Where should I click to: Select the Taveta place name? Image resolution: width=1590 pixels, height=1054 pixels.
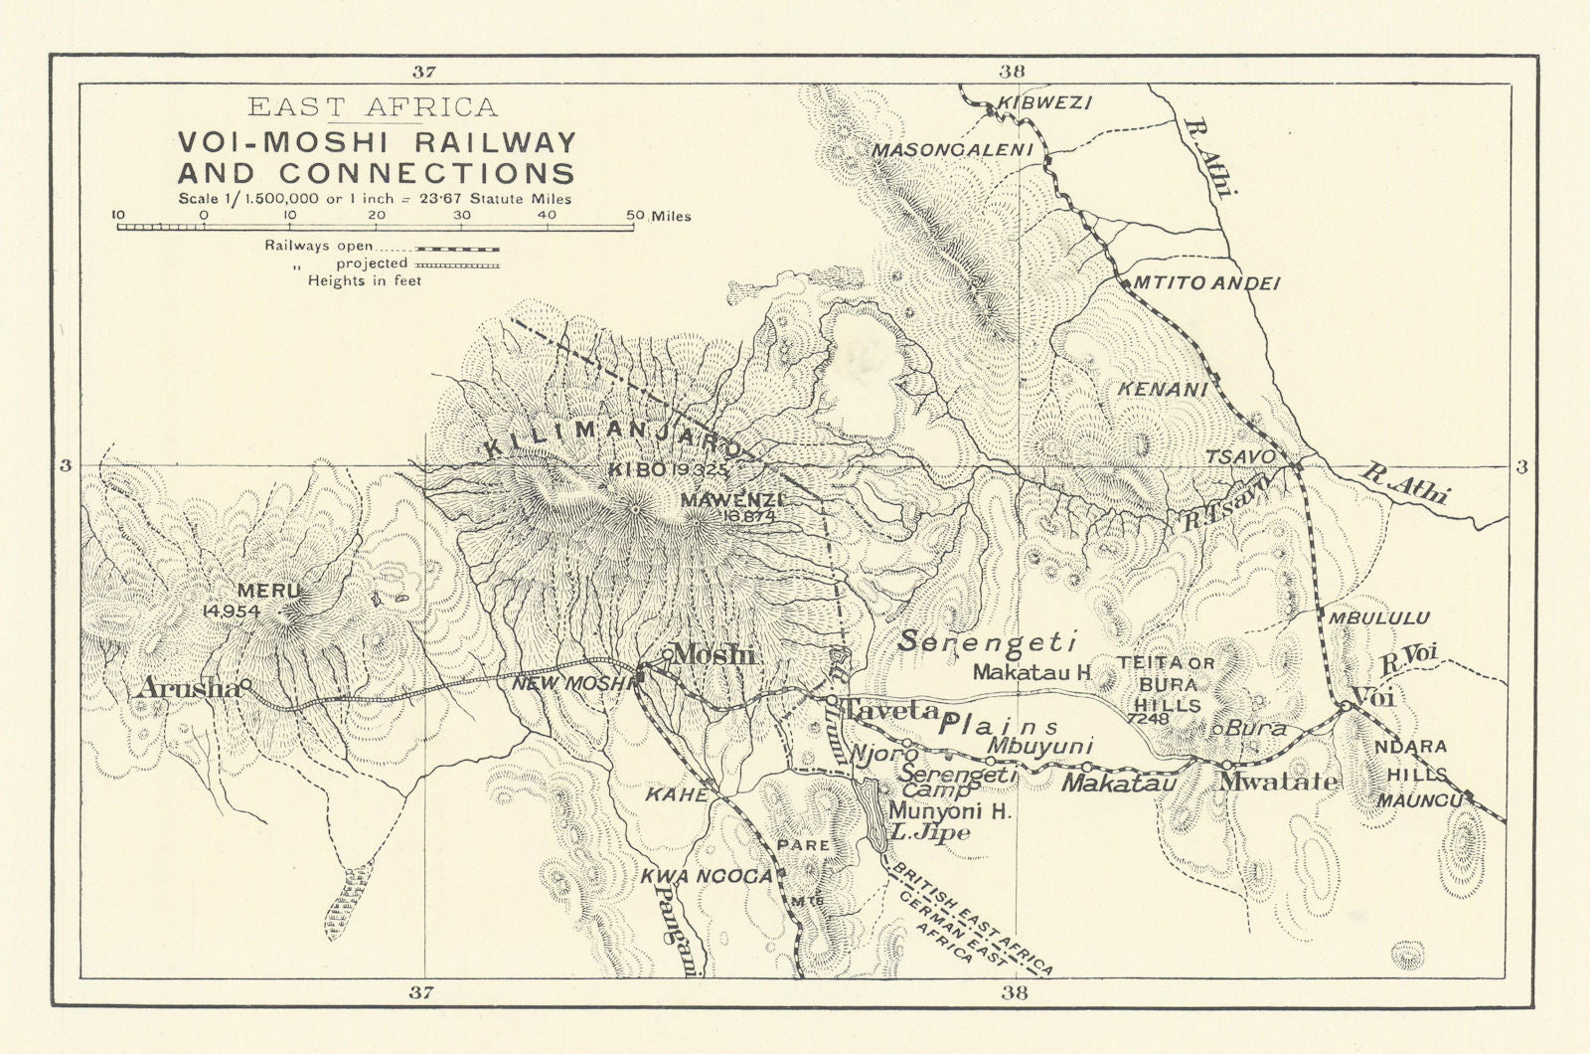coord(890,710)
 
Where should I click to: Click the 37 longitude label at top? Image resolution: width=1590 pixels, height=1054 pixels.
coord(424,72)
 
